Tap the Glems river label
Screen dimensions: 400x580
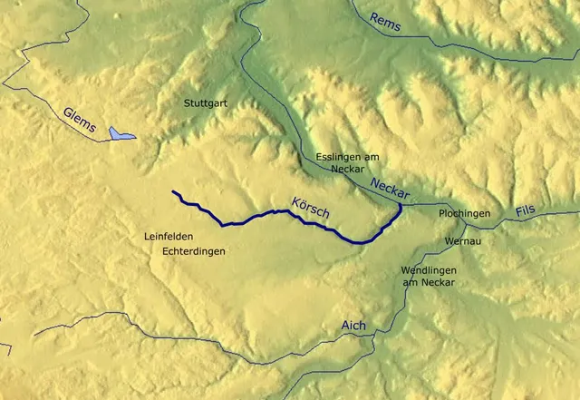(80, 120)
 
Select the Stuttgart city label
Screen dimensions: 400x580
(206, 103)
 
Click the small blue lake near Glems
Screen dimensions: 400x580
(121, 134)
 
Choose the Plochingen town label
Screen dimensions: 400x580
(464, 214)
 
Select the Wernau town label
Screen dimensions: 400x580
(463, 241)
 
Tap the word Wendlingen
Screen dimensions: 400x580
(428, 270)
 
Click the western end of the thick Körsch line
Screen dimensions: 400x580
(173, 191)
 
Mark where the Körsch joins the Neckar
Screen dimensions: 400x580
(401, 205)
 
